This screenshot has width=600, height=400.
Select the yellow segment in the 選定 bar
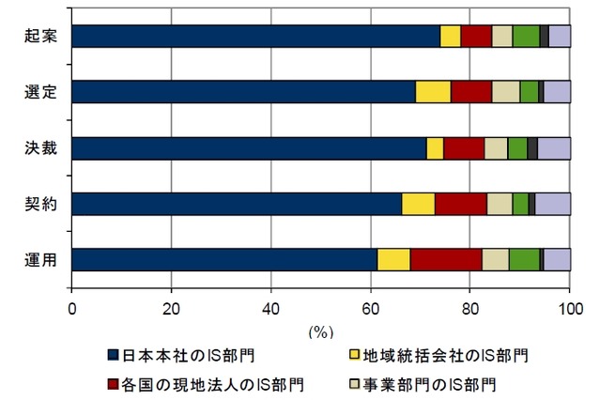(x=433, y=91)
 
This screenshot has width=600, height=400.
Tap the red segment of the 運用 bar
(x=446, y=259)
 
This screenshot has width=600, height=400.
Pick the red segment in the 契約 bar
(x=460, y=204)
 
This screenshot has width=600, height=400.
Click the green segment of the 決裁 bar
(x=516, y=148)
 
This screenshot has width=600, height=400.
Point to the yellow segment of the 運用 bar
(x=393, y=259)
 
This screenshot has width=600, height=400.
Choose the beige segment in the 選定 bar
(x=505, y=91)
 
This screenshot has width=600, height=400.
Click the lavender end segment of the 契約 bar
(x=553, y=204)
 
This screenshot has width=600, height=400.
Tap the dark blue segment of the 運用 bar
(x=224, y=259)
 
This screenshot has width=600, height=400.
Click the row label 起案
(x=42, y=36)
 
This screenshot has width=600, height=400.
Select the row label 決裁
(x=42, y=147)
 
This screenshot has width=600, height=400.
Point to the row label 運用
(x=42, y=259)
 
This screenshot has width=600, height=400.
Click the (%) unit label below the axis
(x=321, y=331)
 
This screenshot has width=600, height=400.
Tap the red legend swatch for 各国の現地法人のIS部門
(x=114, y=384)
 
